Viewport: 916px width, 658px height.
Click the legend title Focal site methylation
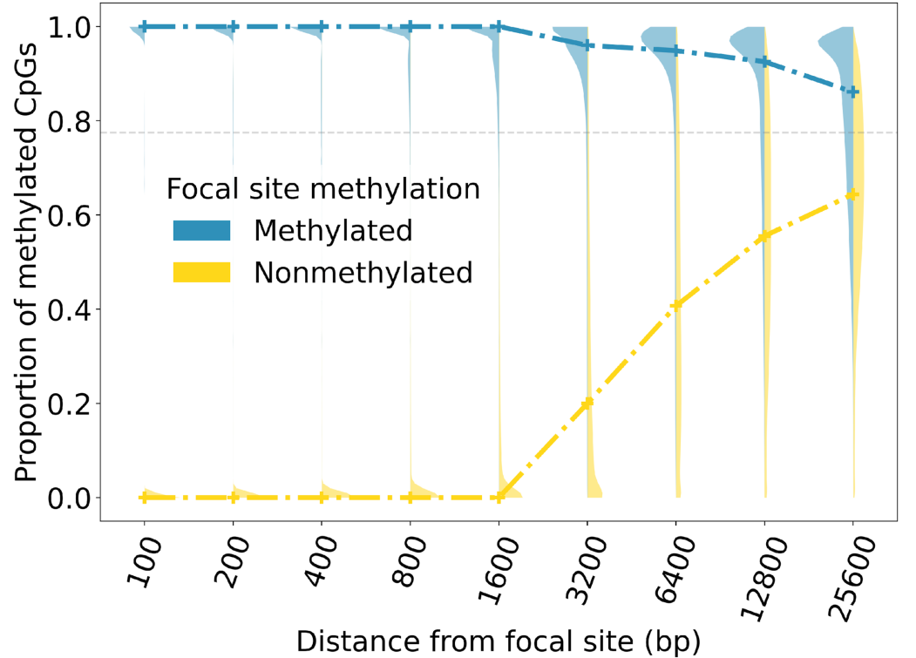323,188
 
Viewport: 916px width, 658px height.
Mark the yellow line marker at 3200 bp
587,403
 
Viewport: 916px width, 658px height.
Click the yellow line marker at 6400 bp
675,305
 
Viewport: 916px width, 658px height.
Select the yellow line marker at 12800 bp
764,237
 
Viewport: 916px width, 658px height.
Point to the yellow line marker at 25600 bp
853,194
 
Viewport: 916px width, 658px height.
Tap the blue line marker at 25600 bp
853,92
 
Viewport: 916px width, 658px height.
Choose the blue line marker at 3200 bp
587,45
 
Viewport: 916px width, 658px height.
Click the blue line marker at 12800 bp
764,62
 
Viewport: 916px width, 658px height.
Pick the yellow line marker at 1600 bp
499,498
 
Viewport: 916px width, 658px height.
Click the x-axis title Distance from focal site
498,641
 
